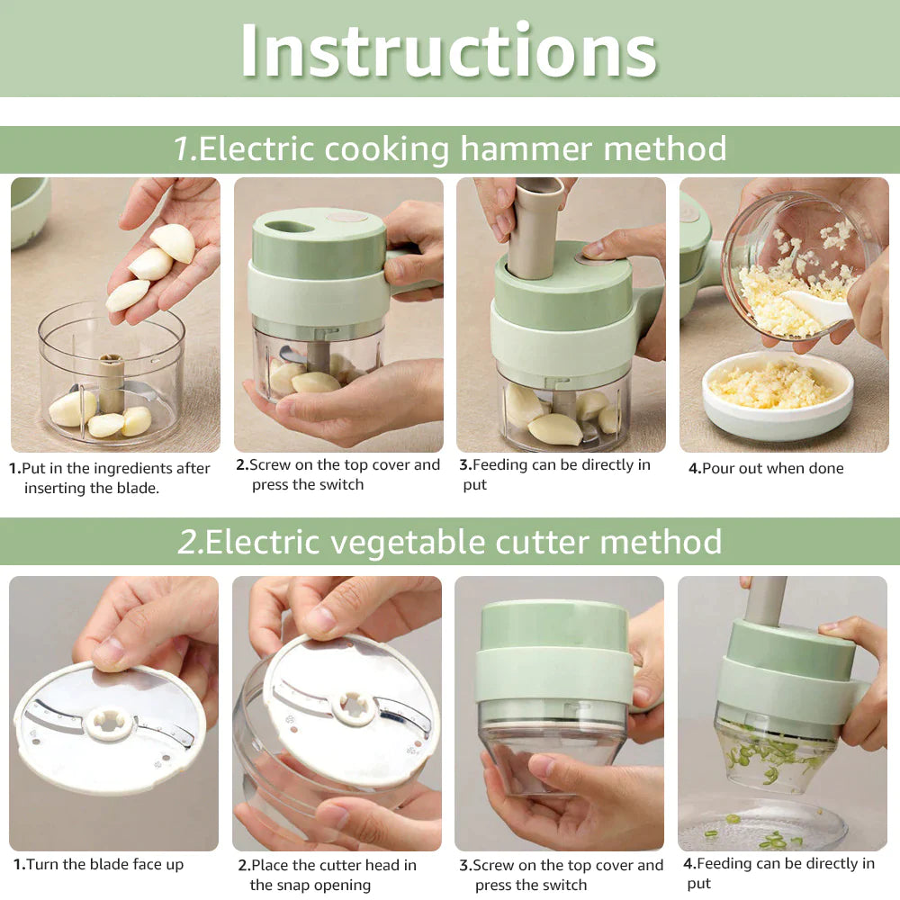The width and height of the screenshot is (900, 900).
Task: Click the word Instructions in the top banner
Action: click(448, 50)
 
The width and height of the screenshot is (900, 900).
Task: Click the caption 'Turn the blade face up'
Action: click(98, 864)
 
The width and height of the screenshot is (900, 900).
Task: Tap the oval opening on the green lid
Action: click(291, 227)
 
